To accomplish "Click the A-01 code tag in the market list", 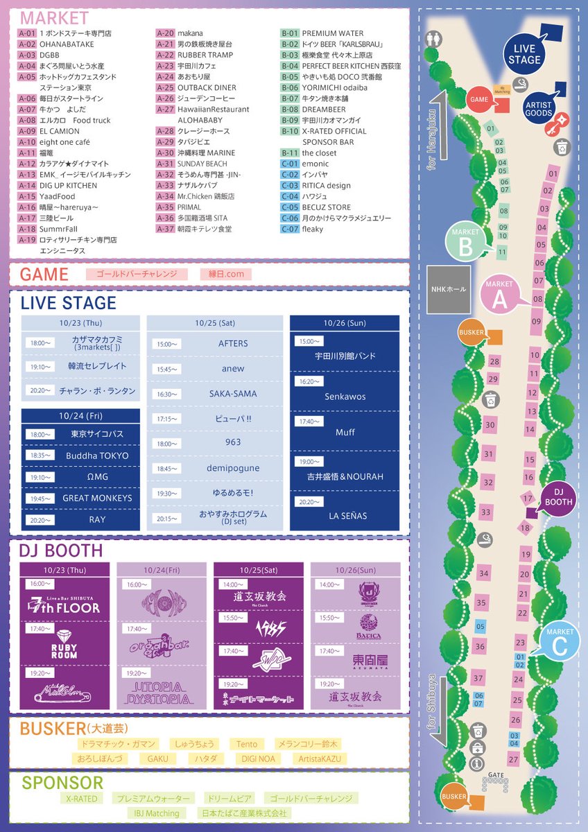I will pos(26,33).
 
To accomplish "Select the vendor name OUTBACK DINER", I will pos(207,87).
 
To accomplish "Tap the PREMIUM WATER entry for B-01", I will pos(332,33).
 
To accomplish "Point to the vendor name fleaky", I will pos(312,229).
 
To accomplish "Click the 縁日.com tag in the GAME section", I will pos(226,274).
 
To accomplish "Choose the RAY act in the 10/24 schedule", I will pos(97,519).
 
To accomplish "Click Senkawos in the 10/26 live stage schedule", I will pos(345,397).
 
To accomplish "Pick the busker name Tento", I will pos(246,744).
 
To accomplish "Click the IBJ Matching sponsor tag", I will pos(156,813).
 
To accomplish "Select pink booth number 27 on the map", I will pos(513,759).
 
